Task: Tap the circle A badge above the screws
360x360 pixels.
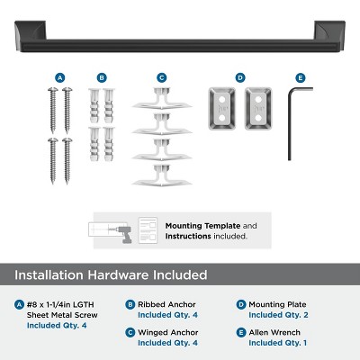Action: point(59,78)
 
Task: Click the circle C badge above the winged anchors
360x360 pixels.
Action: point(162,78)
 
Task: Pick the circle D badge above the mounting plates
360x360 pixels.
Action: point(239,78)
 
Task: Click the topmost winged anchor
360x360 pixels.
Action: point(162,100)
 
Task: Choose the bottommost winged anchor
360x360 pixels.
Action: point(162,175)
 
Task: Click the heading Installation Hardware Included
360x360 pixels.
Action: point(113,274)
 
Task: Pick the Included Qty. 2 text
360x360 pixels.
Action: point(279,315)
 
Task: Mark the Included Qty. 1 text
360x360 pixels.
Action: point(279,343)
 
